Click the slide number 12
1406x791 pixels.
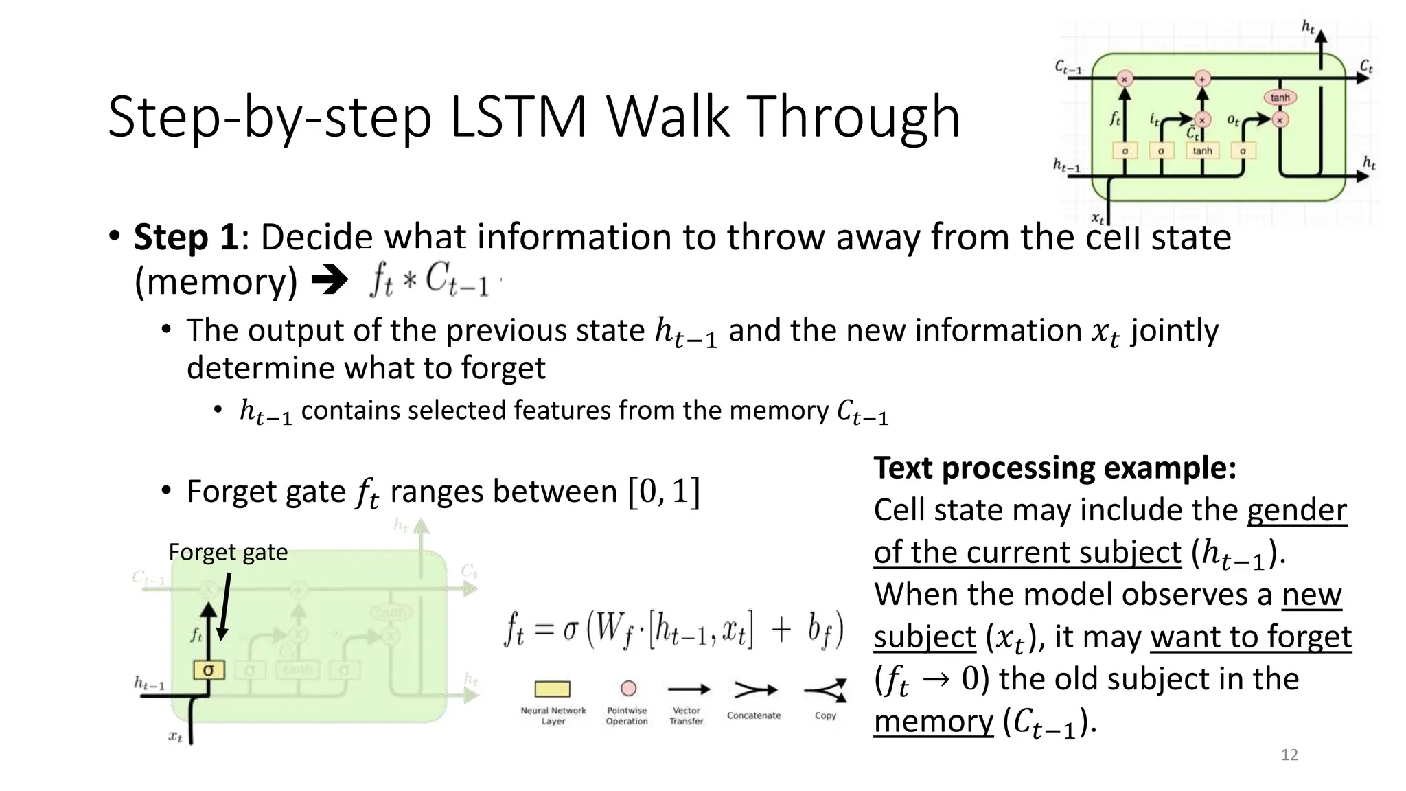tap(1289, 755)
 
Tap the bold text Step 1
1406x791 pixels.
tap(185, 238)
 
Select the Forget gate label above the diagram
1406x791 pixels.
tap(228, 552)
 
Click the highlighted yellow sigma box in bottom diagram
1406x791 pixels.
tap(209, 669)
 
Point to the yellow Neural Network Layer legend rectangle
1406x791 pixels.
tap(552, 689)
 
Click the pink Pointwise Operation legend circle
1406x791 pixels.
tap(628, 688)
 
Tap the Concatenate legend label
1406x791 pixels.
tap(754, 715)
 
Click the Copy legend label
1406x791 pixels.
tap(825, 715)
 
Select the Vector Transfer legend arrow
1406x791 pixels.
tap(689, 689)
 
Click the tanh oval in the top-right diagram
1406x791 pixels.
tap(1280, 98)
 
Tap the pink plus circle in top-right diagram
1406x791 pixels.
tap(1201, 79)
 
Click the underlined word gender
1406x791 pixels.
tap(1296, 510)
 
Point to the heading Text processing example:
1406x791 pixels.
tap(1054, 468)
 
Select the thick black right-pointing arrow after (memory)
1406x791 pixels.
tap(330, 280)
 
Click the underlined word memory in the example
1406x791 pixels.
tap(933, 721)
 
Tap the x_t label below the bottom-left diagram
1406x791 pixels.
tap(176, 737)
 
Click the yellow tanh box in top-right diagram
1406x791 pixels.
tap(1202, 151)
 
